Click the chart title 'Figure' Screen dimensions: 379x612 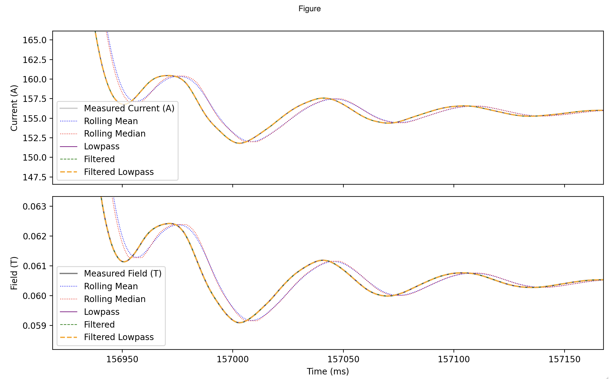click(309, 9)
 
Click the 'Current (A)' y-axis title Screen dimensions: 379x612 click(14, 108)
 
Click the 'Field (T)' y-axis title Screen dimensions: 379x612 click(14, 273)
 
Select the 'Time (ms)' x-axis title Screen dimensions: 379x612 click(328, 371)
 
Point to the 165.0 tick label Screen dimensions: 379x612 click(35, 40)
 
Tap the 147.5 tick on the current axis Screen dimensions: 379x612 click(35, 177)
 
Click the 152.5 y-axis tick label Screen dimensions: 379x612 click(35, 138)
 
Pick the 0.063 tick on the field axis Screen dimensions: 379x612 click(35, 207)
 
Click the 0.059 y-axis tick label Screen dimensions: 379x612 click(35, 326)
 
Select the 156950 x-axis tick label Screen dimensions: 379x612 click(122, 359)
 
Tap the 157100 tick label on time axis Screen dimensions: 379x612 click(454, 359)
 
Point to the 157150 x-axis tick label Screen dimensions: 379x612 click(564, 359)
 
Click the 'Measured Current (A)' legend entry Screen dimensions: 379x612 click(129, 108)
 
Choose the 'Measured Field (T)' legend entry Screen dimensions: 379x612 click(123, 273)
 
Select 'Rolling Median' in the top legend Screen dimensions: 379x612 click(115, 134)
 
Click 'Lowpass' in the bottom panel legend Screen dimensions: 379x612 click(102, 312)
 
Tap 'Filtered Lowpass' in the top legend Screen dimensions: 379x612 click(119, 172)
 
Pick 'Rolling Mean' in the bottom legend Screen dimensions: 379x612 click(111, 286)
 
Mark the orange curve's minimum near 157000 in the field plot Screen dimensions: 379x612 click(240, 322)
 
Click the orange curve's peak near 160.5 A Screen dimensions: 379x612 click(167, 75)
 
